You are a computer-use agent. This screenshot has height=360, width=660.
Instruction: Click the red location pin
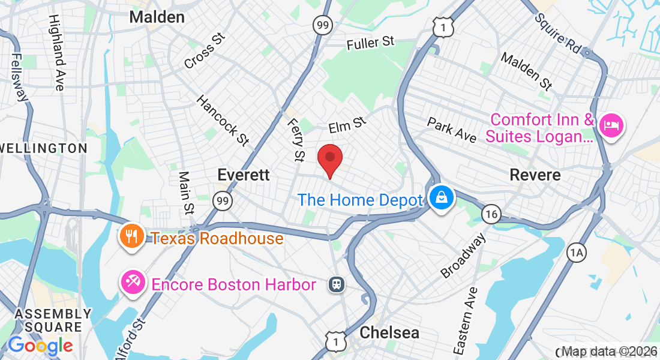(x=329, y=158)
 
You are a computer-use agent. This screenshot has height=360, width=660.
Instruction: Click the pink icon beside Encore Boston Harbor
(x=132, y=283)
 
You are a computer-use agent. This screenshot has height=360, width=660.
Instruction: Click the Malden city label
(x=157, y=17)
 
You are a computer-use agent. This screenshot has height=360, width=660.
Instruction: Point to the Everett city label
(x=244, y=175)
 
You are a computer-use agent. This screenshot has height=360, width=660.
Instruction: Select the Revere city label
(x=535, y=175)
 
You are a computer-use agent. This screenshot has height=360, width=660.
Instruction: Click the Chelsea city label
(x=389, y=332)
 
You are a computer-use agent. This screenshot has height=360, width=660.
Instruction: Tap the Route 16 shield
(x=491, y=214)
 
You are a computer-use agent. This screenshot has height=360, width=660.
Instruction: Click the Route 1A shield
(x=577, y=253)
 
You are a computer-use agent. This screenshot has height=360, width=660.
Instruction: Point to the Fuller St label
(x=371, y=43)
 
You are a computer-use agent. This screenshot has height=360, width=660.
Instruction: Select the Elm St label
(x=347, y=125)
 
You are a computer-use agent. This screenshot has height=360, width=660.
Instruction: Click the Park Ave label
(x=452, y=130)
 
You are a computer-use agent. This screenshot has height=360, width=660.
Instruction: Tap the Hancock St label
(x=222, y=120)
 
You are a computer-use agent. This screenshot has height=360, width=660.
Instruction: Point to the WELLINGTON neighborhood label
(x=44, y=148)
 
